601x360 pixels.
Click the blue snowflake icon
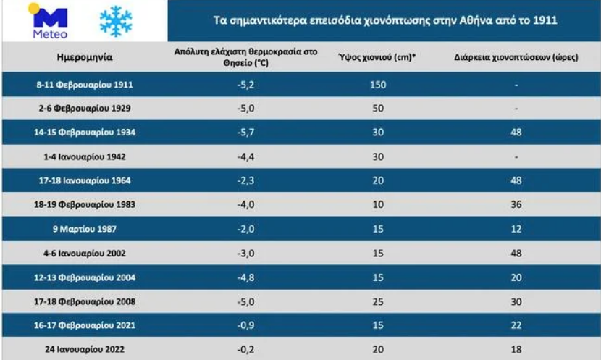click(x=115, y=21)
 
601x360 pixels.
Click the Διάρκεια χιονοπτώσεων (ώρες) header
click(x=516, y=59)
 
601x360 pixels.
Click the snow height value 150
click(x=377, y=85)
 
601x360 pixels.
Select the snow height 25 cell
click(x=377, y=301)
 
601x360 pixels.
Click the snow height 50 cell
click(x=377, y=109)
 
